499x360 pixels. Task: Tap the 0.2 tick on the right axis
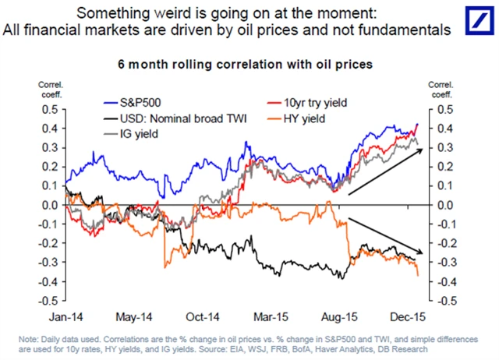pos(441,167)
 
